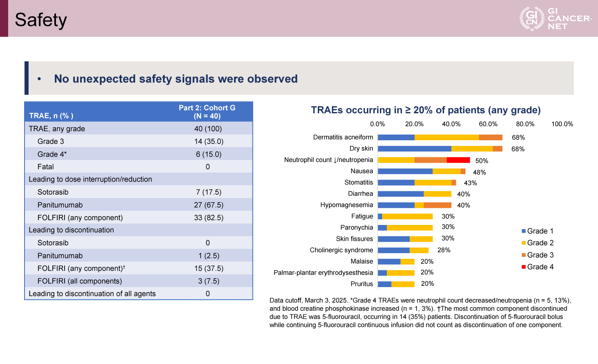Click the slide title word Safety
pyautogui.click(x=40, y=20)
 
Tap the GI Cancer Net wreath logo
pyautogui.click(x=532, y=19)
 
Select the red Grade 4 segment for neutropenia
pyautogui.click(x=458, y=160)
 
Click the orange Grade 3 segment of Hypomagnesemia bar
pyautogui.click(x=437, y=205)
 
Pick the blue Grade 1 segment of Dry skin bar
pyautogui.click(x=415, y=149)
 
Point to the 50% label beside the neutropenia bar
pyautogui.click(x=482, y=161)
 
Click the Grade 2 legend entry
pyautogui.click(x=538, y=243)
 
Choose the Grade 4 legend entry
pyautogui.click(x=538, y=267)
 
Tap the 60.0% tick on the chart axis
pyautogui.click(x=488, y=124)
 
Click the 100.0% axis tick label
pyautogui.click(x=562, y=124)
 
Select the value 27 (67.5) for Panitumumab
pyautogui.click(x=208, y=205)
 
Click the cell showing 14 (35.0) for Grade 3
pyautogui.click(x=208, y=142)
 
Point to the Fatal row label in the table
pyautogui.click(x=46, y=167)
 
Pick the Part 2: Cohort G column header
pyautogui.click(x=207, y=112)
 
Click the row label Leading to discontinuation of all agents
pyautogui.click(x=92, y=294)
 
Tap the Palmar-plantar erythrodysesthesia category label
pyautogui.click(x=323, y=273)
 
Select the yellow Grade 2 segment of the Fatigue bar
pyautogui.click(x=407, y=216)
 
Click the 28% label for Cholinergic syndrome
pyautogui.click(x=444, y=250)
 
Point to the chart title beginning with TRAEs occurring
pyautogui.click(x=426, y=110)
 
